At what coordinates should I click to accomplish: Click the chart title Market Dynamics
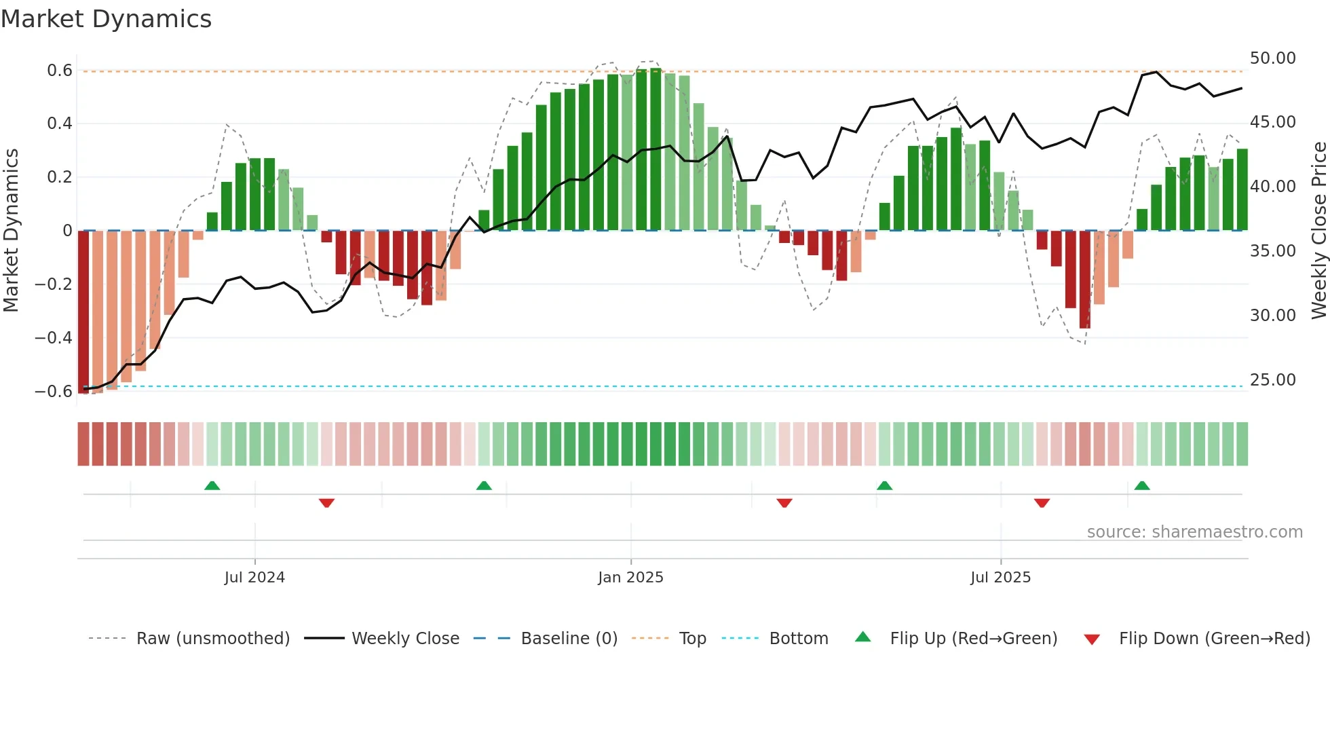coord(106,19)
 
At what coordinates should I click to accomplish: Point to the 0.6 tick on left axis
coord(60,71)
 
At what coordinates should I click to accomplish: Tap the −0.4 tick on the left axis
coord(54,337)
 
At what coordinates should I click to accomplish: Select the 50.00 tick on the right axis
coord(1272,58)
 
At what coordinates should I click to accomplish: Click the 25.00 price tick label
coord(1272,380)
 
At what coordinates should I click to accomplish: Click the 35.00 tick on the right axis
coord(1272,251)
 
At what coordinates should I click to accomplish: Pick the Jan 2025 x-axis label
coord(630,578)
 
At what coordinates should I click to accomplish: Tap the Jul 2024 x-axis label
coord(254,578)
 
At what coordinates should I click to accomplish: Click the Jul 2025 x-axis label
coord(1000,578)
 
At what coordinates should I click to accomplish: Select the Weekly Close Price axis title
coord(1318,231)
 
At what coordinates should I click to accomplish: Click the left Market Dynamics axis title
coord(11,231)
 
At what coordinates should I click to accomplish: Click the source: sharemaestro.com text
coord(1194,532)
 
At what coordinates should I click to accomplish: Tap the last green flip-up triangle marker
coord(1142,486)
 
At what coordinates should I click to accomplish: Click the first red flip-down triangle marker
coord(326,503)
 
